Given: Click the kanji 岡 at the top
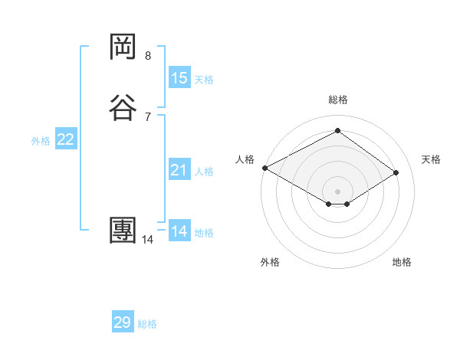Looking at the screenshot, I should [123, 47].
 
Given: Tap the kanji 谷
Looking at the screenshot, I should [123, 107].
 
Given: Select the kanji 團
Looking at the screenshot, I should [123, 231].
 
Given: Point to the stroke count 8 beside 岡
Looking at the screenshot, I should [147, 56].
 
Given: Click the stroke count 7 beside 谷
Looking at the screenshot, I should [147, 116].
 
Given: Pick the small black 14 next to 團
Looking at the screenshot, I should [147, 240].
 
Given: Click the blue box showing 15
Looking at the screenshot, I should [179, 78].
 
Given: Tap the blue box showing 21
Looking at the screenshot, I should [179, 170].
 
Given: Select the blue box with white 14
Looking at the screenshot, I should [179, 231].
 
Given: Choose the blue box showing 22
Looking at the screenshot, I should [66, 139].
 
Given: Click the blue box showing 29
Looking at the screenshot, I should [123, 322].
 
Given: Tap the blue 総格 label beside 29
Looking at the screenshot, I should [148, 324].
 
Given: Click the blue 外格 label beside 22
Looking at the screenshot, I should [41, 141].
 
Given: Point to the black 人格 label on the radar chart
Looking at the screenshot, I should [245, 159].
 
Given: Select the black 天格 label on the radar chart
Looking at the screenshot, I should [432, 159].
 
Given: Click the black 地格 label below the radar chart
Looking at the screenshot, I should [402, 263].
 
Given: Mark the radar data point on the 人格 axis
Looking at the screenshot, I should [264, 167].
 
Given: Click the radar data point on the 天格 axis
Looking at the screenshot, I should [396, 172].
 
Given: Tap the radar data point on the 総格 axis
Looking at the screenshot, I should [337, 131].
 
